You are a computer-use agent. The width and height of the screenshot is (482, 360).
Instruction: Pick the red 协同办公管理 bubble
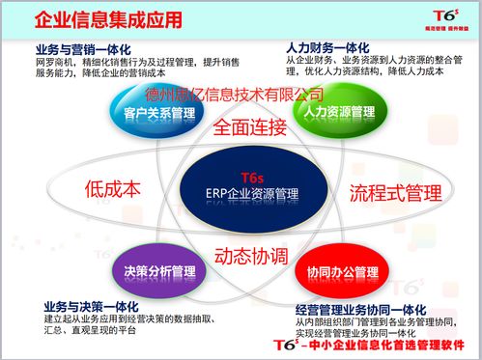pos(327,271)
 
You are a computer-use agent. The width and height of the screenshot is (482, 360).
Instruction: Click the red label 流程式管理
pos(389,191)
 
